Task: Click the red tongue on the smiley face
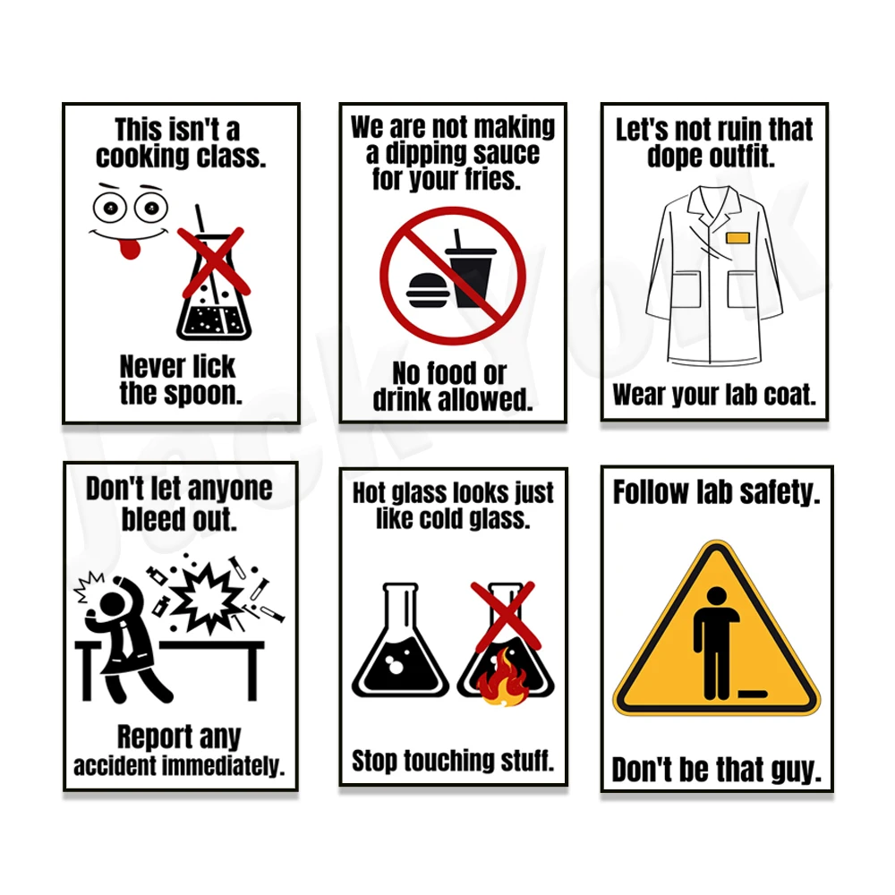(131, 246)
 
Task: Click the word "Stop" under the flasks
(374, 761)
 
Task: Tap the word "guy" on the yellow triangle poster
(791, 770)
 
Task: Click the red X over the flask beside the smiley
(212, 260)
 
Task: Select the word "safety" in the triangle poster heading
(777, 492)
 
